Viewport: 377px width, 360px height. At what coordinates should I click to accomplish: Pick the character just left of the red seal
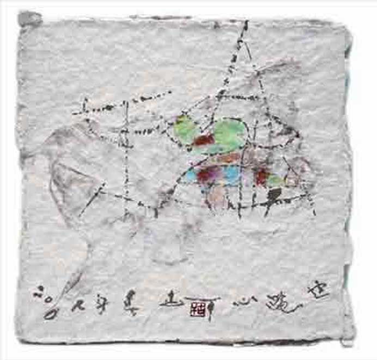(x=171, y=301)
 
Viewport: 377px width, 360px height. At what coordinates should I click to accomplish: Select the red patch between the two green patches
(x=204, y=140)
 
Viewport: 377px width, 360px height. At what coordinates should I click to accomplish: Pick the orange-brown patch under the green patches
(x=229, y=158)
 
